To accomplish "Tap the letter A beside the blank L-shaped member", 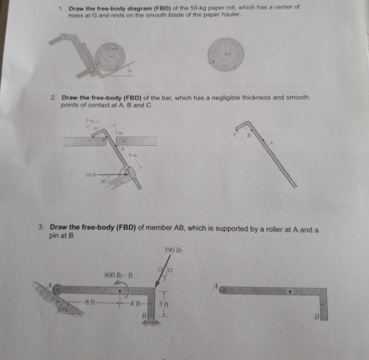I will click(x=216, y=286).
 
